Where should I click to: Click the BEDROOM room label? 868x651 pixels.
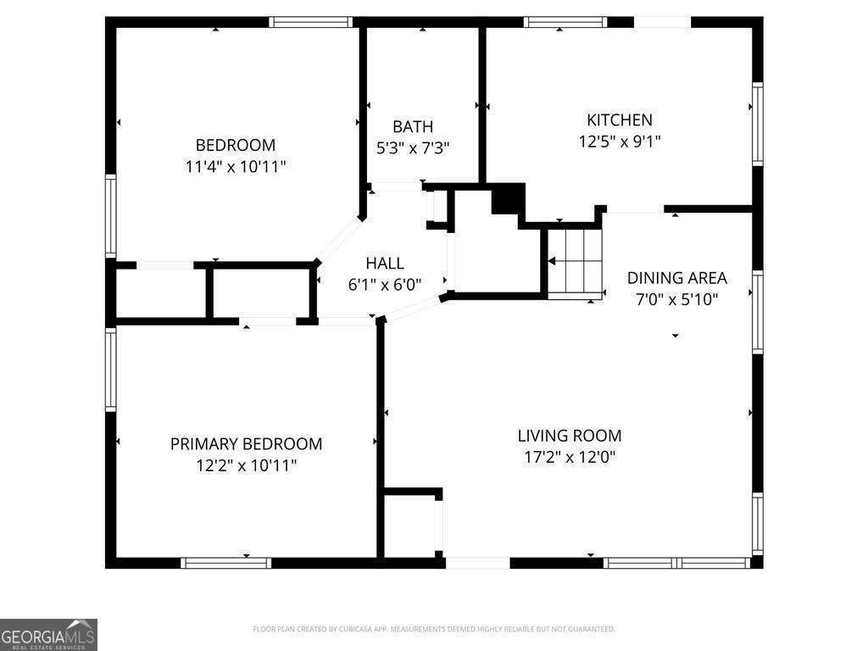[236, 145]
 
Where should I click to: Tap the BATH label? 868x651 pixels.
[413, 127]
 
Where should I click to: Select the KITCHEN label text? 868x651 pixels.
[620, 120]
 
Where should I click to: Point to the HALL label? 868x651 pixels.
[385, 264]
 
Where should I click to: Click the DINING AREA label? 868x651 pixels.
[676, 278]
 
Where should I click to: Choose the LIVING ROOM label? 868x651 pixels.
[570, 436]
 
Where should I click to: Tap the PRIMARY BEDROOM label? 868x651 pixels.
[246, 444]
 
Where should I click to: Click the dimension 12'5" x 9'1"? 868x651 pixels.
[620, 142]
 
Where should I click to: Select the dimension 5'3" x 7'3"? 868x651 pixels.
[413, 148]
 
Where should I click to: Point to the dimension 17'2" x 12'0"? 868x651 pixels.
[570, 458]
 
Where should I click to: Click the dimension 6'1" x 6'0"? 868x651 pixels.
[385, 285]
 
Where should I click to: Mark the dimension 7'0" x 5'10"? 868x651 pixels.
[676, 299]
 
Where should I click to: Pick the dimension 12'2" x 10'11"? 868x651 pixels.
[246, 465]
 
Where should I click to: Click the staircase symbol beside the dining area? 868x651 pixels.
[574, 262]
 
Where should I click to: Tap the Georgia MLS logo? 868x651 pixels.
[48, 635]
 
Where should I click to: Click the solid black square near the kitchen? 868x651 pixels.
[505, 200]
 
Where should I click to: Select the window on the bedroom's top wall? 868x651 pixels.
[310, 22]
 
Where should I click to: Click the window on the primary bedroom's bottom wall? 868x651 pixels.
[225, 562]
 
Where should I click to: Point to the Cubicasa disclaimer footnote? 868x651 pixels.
[434, 629]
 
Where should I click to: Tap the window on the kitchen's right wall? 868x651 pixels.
[757, 124]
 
